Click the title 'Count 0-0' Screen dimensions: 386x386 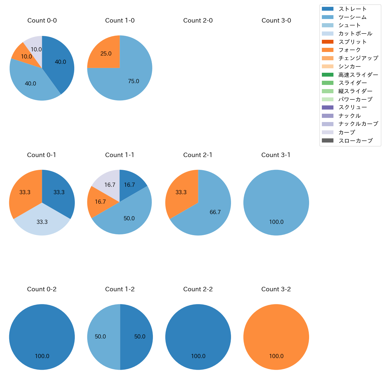tap(42, 20)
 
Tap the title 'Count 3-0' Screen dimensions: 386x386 tap(276, 20)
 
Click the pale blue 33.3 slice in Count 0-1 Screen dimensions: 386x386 tap(42, 223)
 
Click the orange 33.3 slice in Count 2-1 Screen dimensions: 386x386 tap(181, 192)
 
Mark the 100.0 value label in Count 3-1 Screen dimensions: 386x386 tap(276, 222)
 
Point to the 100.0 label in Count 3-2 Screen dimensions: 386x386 tap(276, 356)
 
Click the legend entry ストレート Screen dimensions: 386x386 tap(352, 9)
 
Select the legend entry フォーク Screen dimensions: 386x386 tap(349, 50)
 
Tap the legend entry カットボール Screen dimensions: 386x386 tap(355, 34)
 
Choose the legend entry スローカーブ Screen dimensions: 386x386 tap(355, 141)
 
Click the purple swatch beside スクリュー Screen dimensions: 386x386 tap(328, 107)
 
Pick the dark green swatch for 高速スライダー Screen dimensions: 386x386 tap(328, 75)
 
